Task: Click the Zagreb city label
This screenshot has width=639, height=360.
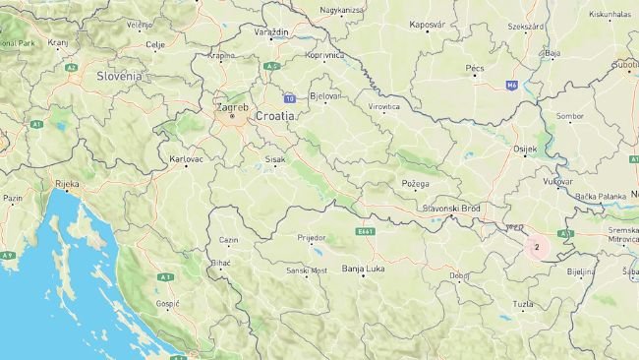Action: tap(232, 105)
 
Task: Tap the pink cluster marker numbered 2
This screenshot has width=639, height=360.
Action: tap(537, 246)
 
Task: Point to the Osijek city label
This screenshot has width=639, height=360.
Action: tap(526, 149)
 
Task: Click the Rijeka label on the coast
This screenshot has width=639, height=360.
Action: tap(67, 184)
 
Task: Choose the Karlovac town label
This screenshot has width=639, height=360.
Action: tap(186, 158)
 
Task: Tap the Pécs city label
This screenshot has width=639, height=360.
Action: tap(475, 68)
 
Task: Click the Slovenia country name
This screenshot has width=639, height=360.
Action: tap(119, 75)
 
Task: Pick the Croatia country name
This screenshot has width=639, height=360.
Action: tap(274, 115)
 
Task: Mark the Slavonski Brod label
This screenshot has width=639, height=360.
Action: tap(450, 209)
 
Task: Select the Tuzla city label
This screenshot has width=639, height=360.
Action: tap(523, 304)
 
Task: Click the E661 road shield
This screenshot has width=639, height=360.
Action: tap(367, 231)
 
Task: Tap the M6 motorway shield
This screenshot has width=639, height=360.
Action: tap(511, 85)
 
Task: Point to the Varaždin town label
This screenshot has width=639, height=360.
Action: tap(271, 32)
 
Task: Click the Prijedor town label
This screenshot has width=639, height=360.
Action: tap(312, 237)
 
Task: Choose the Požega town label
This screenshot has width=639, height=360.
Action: tap(415, 184)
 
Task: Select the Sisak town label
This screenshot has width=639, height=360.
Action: tap(275, 158)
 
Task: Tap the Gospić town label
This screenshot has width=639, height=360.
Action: tap(167, 304)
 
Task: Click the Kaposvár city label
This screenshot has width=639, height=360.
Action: tap(428, 24)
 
